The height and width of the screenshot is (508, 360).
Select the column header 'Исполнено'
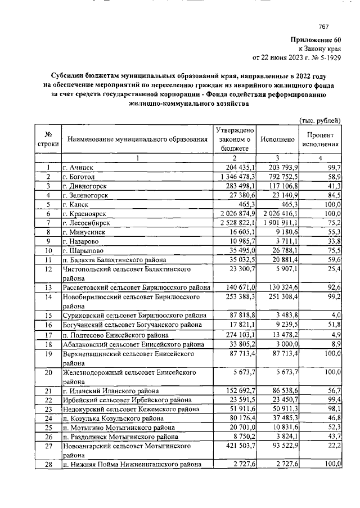pos(278,139)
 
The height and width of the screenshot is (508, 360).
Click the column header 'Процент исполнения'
pos(321,140)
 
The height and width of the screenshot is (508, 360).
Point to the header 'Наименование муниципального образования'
pos(137,139)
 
